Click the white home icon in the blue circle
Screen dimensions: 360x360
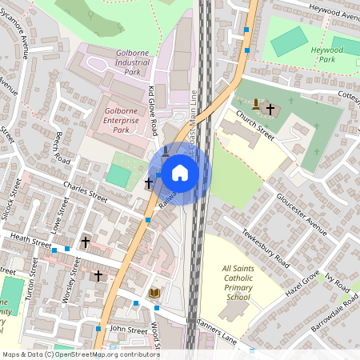coord(180,172)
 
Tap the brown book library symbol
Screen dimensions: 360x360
coord(154,294)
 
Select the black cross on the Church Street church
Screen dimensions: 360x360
coord(270,108)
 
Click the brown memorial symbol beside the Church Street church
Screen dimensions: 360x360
coord(255,104)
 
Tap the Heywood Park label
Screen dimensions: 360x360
coord(304,54)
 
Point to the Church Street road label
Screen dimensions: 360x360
coord(254,129)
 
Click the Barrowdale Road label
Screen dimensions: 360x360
coord(334,308)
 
